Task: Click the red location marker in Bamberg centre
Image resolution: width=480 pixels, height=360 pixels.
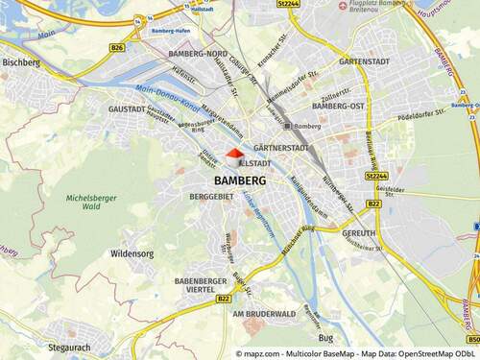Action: click(235, 155)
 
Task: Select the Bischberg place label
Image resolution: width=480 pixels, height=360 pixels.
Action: click(21, 62)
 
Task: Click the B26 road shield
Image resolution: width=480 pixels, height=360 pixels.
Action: click(117, 46)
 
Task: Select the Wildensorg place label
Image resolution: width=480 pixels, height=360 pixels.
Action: click(132, 254)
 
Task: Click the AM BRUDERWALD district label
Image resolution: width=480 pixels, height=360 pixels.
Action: click(258, 314)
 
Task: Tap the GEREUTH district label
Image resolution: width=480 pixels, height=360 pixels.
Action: click(358, 233)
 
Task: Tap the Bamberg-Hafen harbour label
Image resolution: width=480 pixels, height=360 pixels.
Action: click(173, 31)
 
